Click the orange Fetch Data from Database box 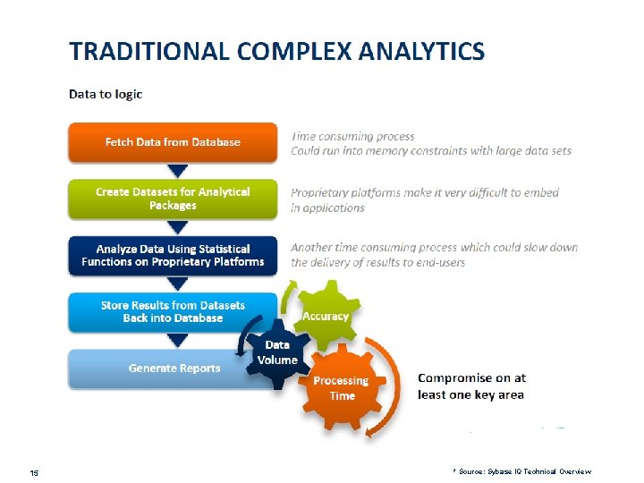173,142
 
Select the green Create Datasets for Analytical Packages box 173,199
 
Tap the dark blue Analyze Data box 173,255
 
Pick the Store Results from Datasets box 173,311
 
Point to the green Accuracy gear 326,316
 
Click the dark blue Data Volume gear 277,352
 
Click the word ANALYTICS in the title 422,51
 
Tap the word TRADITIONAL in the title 149,51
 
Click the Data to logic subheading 106,94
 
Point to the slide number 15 33,471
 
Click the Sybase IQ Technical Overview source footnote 523,470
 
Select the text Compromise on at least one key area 471,386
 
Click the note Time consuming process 353,137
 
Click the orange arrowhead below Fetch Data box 178,170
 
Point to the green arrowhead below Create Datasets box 178,226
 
